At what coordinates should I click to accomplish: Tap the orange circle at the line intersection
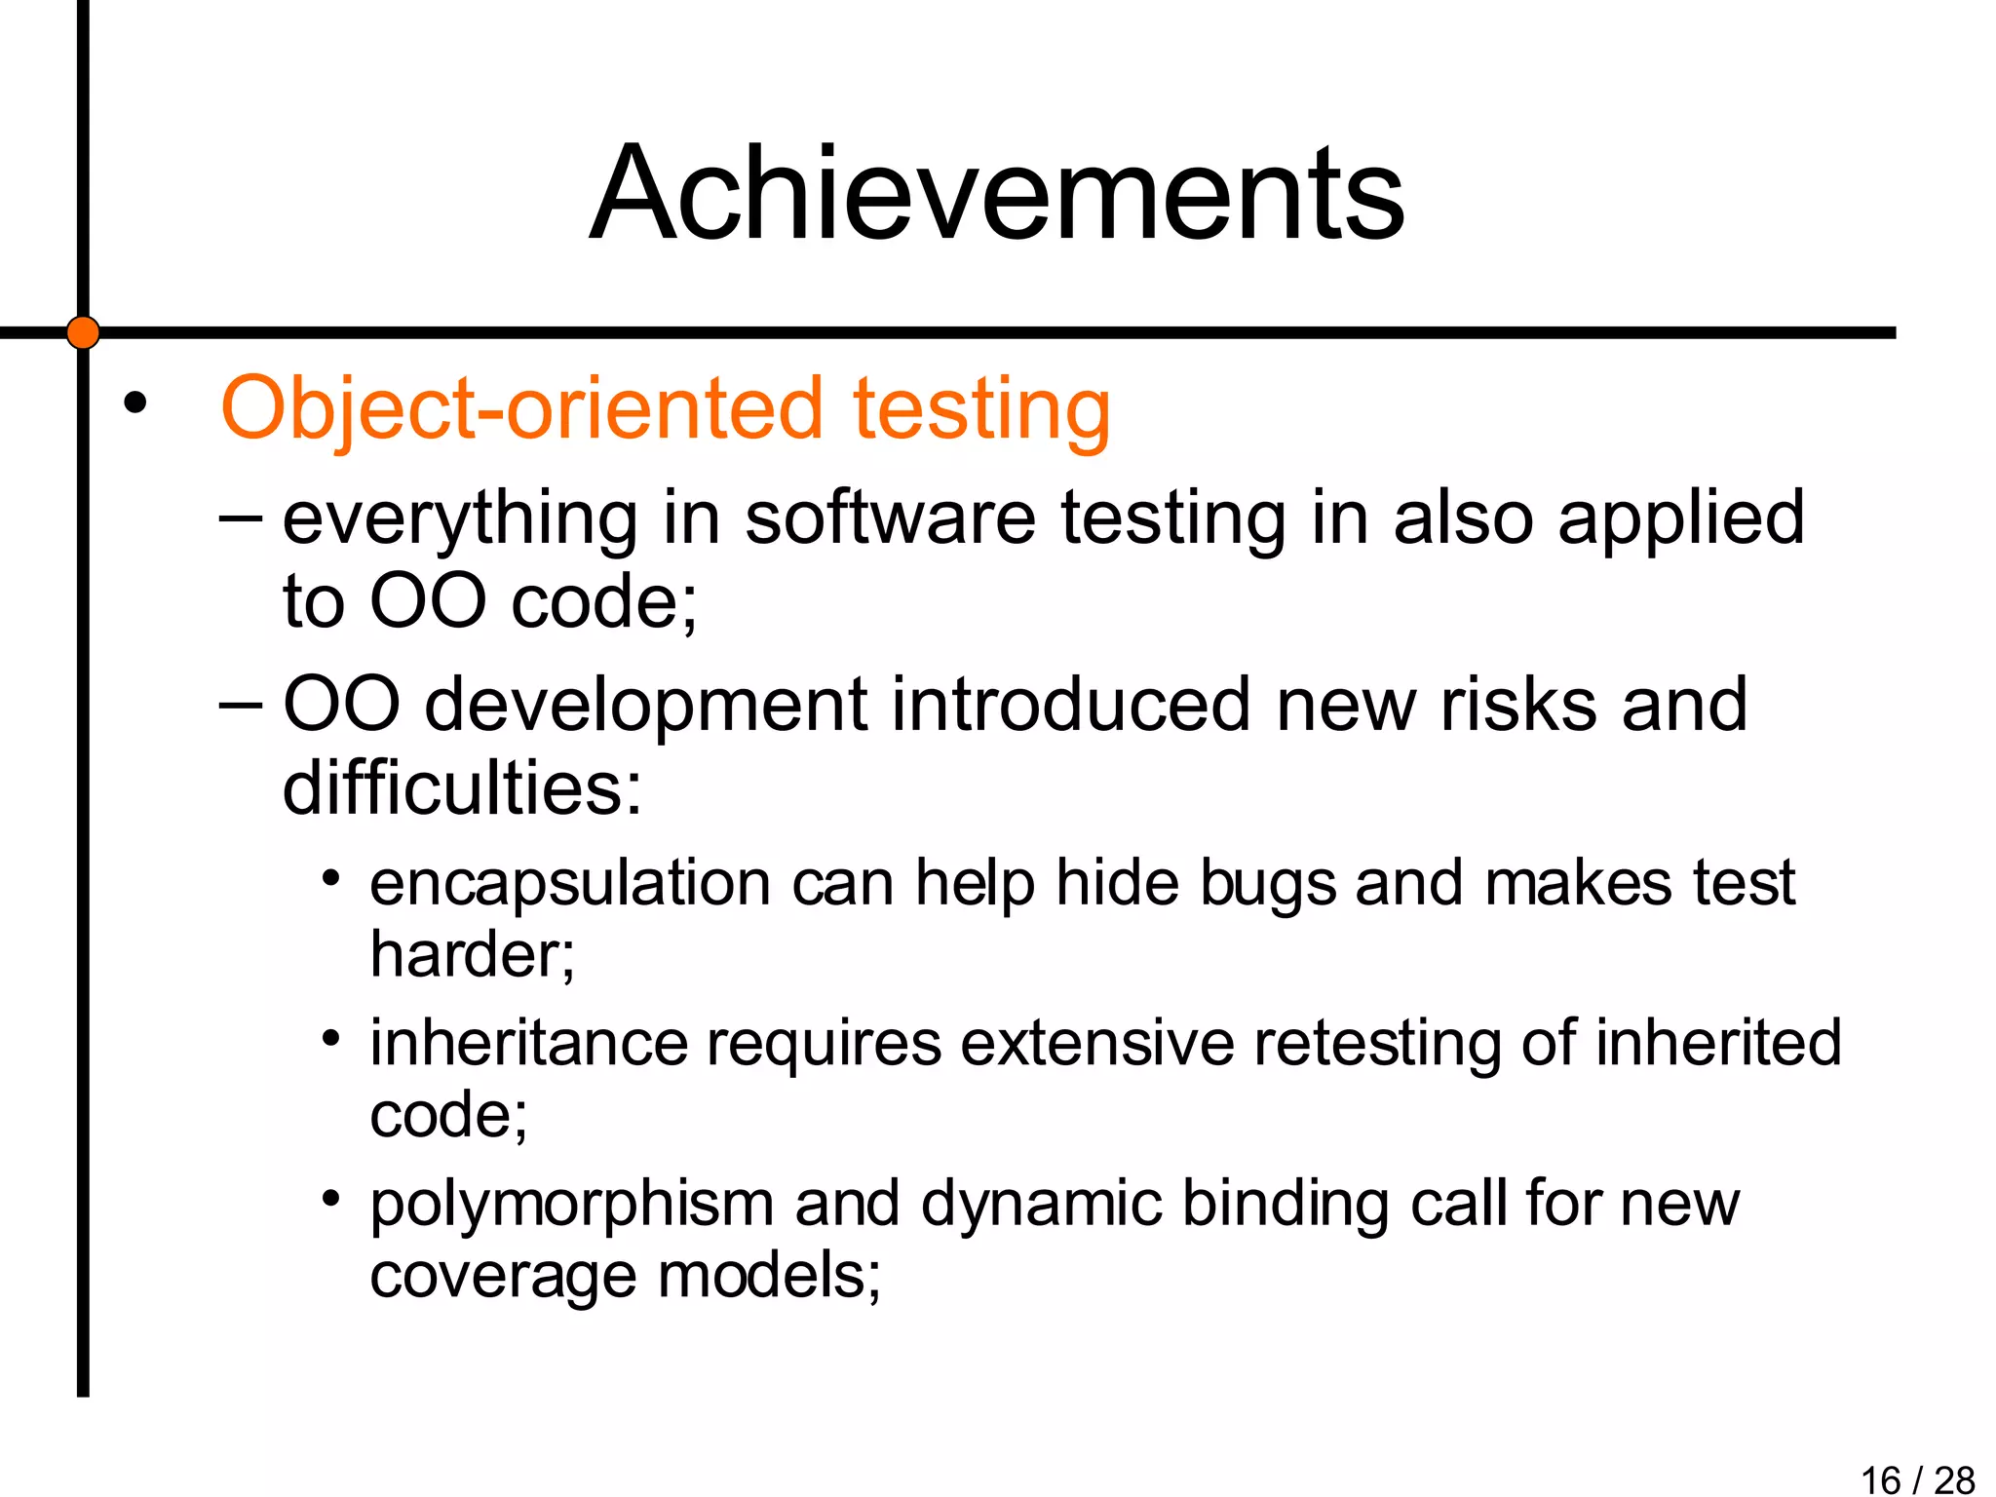pyautogui.click(x=83, y=332)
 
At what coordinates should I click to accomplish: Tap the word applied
pyautogui.click(x=1681, y=518)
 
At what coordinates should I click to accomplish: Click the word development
pyautogui.click(x=645, y=706)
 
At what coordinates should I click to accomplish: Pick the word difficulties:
pyautogui.click(x=462, y=787)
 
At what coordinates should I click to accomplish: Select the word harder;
pyautogui.click(x=473, y=954)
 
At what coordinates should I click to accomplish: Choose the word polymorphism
pyautogui.click(x=572, y=1205)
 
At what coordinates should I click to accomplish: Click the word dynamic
pyautogui.click(x=1041, y=1205)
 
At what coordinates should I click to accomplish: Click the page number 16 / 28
pyautogui.click(x=1917, y=1479)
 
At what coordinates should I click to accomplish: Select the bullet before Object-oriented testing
pyautogui.click(x=134, y=403)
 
